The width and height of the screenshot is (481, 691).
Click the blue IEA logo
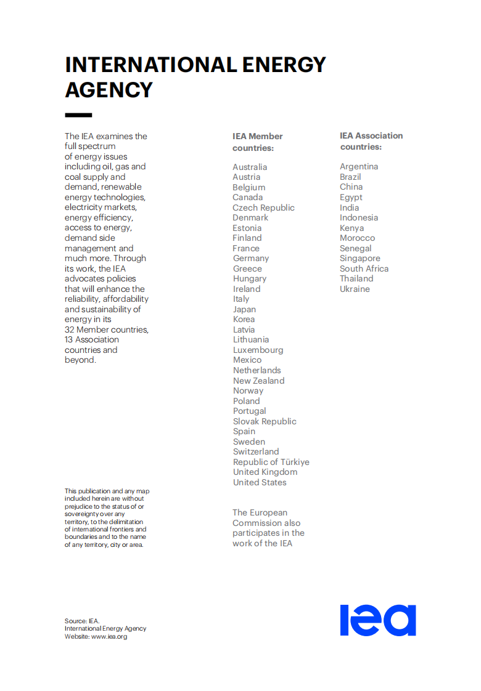coord(378,620)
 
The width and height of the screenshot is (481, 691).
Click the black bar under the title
coord(78,115)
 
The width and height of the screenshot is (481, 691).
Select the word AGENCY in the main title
coord(109,90)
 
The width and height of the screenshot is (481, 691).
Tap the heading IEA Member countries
coord(257,142)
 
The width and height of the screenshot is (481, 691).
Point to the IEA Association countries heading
coord(371,141)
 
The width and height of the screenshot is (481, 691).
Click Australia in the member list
coord(250,167)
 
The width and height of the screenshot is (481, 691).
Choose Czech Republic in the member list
coord(263,208)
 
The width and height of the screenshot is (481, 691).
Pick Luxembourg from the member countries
coord(258,350)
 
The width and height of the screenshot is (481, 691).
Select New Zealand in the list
coord(258,381)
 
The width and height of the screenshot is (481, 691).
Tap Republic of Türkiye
coord(271,462)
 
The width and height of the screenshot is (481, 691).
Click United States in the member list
coord(260,482)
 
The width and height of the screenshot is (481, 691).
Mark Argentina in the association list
coord(359,166)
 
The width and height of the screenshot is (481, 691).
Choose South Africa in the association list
coord(364,269)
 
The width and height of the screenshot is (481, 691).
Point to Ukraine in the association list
coord(355,289)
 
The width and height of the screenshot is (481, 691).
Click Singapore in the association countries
coord(360,259)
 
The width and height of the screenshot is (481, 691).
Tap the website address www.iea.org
coord(109,637)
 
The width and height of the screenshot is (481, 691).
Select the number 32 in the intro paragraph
coord(70,329)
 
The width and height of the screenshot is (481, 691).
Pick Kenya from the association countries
coord(351,228)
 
